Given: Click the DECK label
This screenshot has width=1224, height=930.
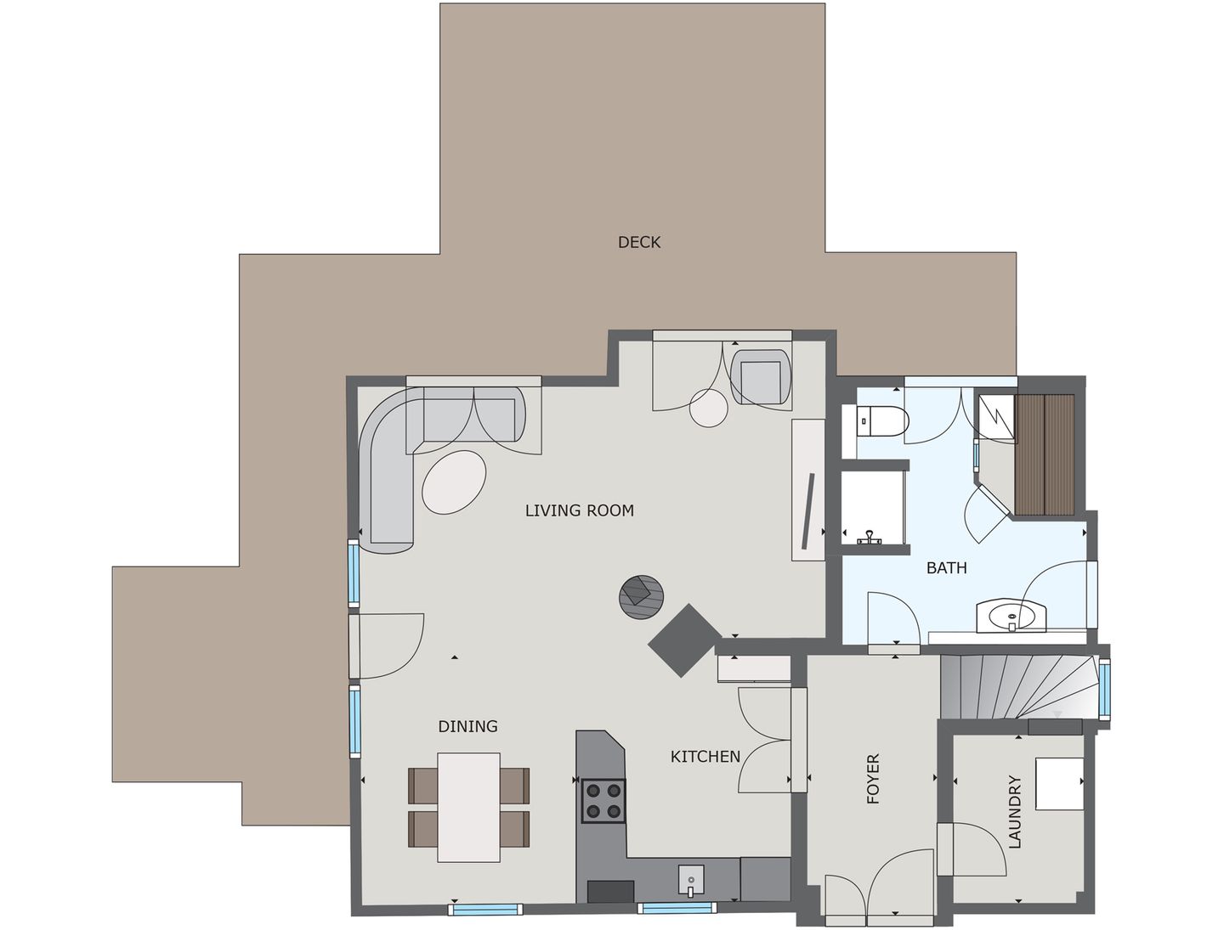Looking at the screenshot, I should pos(638,242).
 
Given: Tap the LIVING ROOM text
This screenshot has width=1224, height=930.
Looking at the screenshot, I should pos(579,510).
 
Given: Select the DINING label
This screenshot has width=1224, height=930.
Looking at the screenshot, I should pos(467,726).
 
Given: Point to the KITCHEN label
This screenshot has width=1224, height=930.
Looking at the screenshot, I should pos(705,756).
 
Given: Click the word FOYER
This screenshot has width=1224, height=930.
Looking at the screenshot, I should pos(873,779).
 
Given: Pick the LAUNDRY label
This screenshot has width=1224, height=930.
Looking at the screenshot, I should pos(1014,811).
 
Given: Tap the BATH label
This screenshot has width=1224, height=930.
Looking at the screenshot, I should pos(946,567).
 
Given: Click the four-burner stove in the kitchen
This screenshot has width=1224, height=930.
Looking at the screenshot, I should pos(603,800).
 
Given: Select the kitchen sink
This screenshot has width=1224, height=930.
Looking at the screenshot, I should pos(691,879).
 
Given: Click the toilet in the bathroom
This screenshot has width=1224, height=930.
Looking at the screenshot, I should pos(883,420).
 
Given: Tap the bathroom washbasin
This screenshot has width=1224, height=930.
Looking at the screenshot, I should pos(1011,615).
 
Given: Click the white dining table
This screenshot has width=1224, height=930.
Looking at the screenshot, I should pos(468,807).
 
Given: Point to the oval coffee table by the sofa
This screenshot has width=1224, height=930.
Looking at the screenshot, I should pos(455,482).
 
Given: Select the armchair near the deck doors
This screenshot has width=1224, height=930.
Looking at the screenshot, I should pos(761,376).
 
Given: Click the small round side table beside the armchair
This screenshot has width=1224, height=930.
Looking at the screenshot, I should pos(708,407).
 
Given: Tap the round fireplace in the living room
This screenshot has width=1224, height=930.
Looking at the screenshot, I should pos(642,596).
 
